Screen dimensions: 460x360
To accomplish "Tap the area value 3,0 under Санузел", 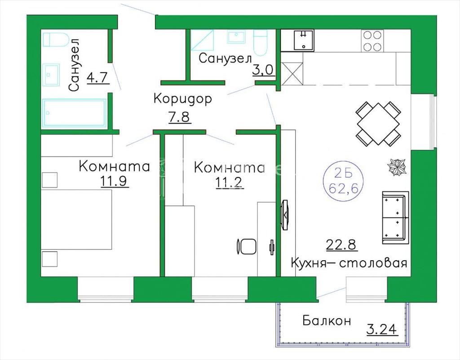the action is pyautogui.click(x=263, y=70).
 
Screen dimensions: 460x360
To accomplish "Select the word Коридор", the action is pyautogui.click(x=182, y=99).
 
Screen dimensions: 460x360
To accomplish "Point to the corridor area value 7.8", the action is pyautogui.click(x=180, y=117).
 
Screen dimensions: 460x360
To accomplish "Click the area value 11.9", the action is pyautogui.click(x=114, y=181).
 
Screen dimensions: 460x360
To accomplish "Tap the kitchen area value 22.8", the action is pyautogui.click(x=342, y=244).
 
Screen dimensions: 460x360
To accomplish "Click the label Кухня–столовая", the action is pyautogui.click(x=349, y=263).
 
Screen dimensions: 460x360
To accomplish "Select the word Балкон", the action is pyautogui.click(x=327, y=320).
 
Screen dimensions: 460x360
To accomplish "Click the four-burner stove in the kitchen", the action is pyautogui.click(x=372, y=40).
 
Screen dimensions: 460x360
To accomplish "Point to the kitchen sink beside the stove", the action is pyautogui.click(x=304, y=40).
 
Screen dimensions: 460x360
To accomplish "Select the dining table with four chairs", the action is pyautogui.click(x=378, y=124).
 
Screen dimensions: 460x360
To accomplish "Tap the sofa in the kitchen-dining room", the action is pyautogui.click(x=395, y=218).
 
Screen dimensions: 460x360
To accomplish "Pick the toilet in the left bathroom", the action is pyautogui.click(x=56, y=40).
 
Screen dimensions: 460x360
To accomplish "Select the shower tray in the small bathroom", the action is pyautogui.click(x=202, y=40).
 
